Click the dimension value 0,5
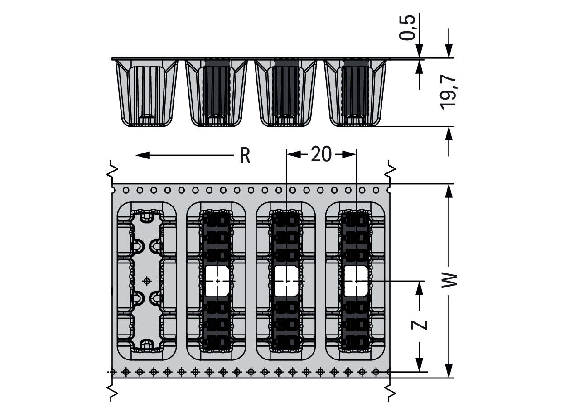(407, 27)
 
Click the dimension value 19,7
(448, 92)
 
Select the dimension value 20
(321, 154)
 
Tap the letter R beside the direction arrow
(245, 155)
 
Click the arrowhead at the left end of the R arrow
(142, 155)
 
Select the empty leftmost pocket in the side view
(147, 93)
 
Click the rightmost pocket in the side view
(355, 93)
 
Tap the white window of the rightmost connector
(356, 281)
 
